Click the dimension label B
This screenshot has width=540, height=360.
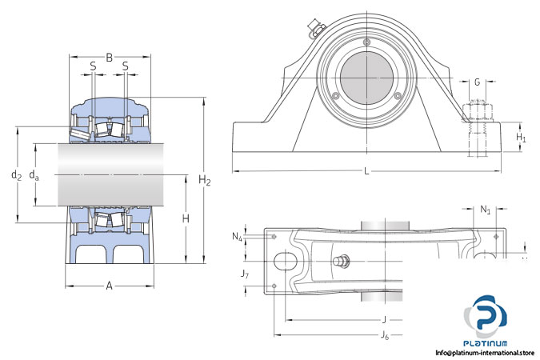(110, 58)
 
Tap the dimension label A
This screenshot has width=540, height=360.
(109, 286)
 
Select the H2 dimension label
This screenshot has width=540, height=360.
(206, 182)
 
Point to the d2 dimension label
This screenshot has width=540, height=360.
(15, 174)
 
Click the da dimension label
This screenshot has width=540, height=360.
(34, 174)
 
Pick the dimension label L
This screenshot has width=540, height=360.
(366, 171)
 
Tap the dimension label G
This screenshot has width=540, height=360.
(477, 82)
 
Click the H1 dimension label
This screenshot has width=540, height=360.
(521, 138)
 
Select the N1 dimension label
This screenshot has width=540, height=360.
(485, 210)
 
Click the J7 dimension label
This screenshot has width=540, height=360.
(245, 274)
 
